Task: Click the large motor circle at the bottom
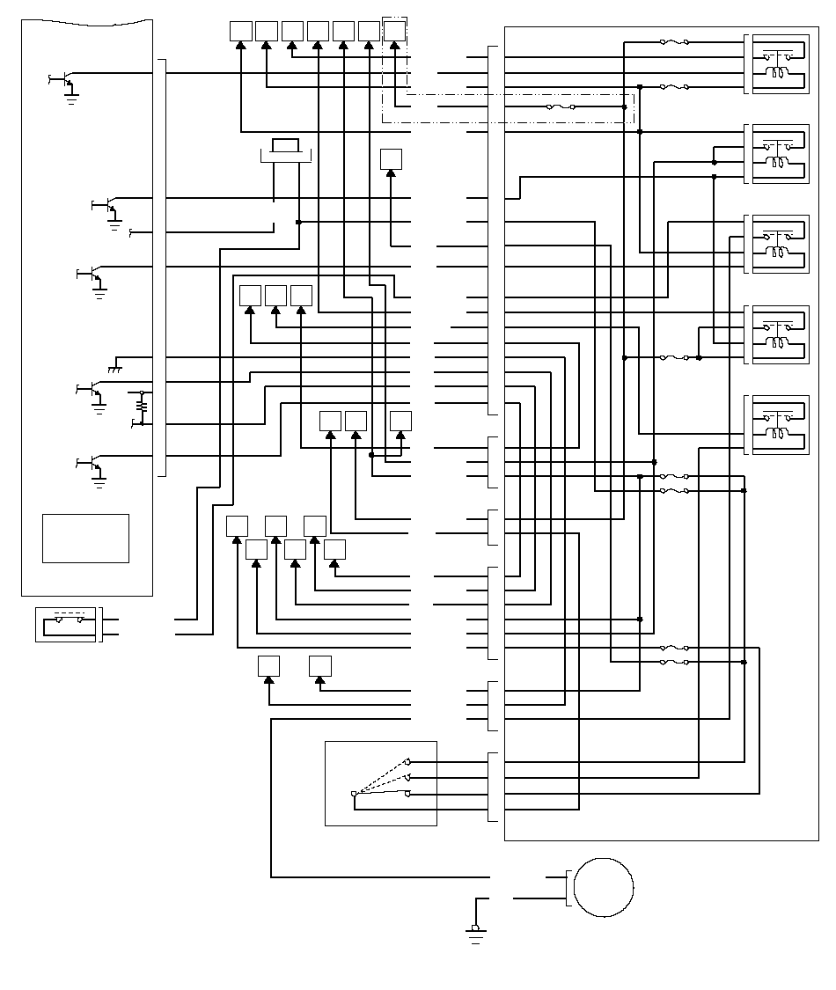(x=604, y=887)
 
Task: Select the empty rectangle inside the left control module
(x=85, y=538)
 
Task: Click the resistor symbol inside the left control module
(x=141, y=405)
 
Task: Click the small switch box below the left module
(x=65, y=624)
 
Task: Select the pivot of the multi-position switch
(x=354, y=796)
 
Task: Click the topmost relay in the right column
(x=777, y=63)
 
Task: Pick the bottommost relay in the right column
(x=777, y=425)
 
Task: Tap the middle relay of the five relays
(x=777, y=244)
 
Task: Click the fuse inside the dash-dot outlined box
(x=561, y=107)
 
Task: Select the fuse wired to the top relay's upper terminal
(x=674, y=41)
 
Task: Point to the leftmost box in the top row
(x=240, y=31)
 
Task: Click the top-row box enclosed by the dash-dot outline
(x=395, y=31)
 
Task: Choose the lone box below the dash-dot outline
(x=391, y=159)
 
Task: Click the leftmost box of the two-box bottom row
(x=268, y=666)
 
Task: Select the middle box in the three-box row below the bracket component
(x=275, y=297)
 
